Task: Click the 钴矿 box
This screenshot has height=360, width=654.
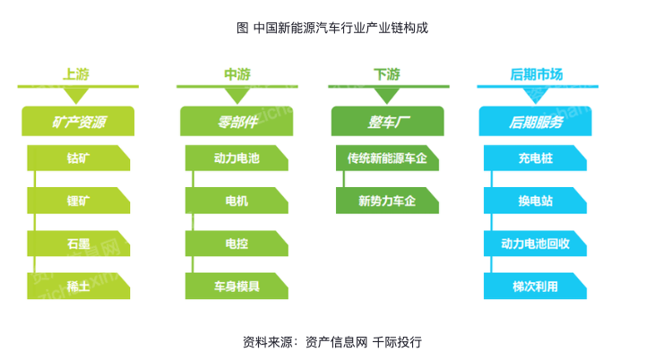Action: (79, 159)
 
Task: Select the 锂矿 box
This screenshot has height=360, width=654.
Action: (79, 201)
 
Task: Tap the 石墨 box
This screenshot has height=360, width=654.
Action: (79, 244)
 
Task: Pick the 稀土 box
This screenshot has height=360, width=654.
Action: (79, 287)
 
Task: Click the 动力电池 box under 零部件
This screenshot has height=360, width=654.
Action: (237, 159)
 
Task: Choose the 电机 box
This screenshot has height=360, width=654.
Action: (237, 201)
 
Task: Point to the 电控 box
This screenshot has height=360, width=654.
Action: (237, 244)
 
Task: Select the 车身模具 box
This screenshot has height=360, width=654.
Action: (237, 287)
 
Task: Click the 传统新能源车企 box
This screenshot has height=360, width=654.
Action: (388, 159)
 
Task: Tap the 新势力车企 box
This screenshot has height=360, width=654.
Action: (388, 201)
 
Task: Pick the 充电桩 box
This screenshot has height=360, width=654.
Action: (535, 159)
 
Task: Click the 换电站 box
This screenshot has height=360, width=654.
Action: (535, 201)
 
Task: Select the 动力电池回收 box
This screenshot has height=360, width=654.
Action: (535, 244)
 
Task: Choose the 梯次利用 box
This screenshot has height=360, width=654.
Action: (535, 287)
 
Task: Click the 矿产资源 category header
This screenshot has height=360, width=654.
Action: (78, 122)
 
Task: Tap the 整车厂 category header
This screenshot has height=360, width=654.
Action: (388, 122)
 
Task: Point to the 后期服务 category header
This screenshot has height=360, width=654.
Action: (535, 122)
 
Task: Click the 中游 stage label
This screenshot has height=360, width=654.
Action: (237, 74)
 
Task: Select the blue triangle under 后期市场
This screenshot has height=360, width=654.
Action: (536, 96)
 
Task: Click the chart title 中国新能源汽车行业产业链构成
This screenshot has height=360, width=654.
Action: (340, 28)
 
